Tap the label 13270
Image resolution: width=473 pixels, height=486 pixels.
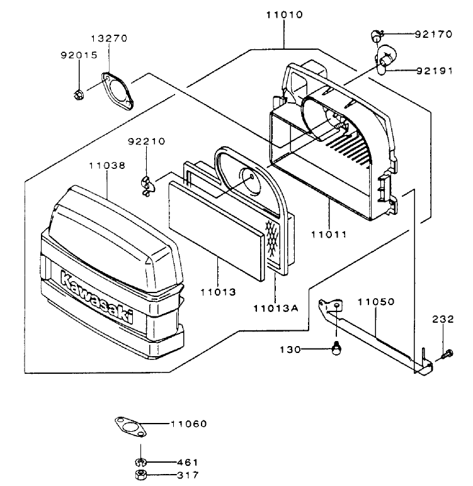click(x=112, y=38)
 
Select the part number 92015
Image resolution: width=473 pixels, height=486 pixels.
click(x=79, y=55)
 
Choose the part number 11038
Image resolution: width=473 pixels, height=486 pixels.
click(x=106, y=165)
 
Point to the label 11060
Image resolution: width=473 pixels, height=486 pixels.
click(x=188, y=424)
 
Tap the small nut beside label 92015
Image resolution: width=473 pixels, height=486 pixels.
click(x=79, y=96)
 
